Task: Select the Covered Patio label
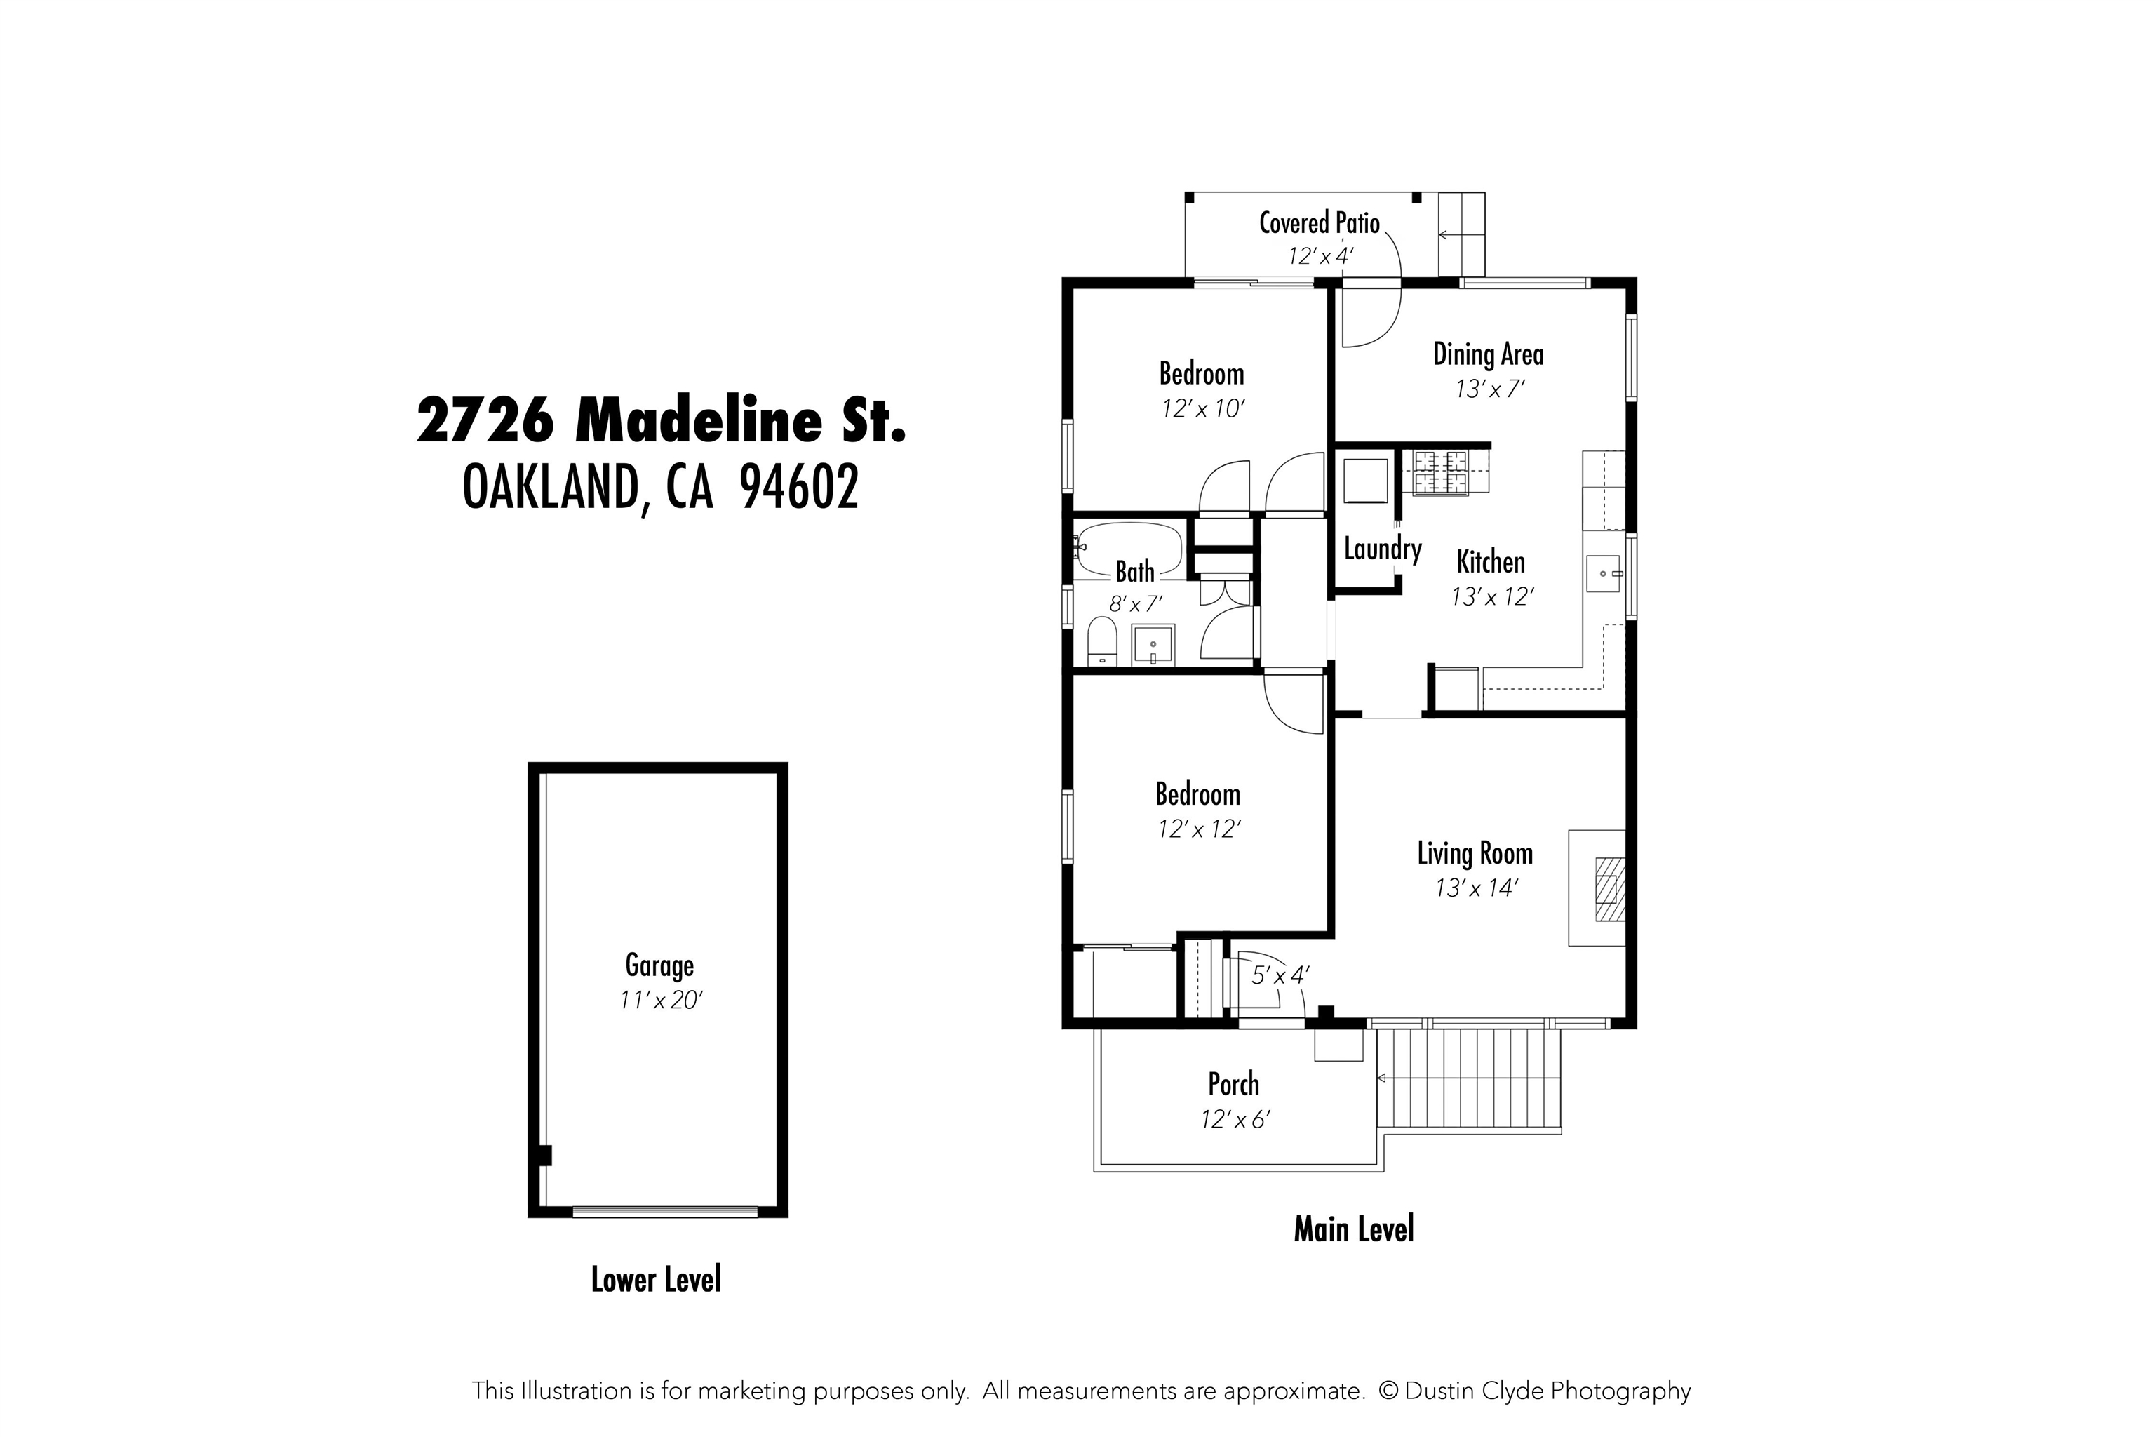tap(1319, 222)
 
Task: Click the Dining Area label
tap(1488, 354)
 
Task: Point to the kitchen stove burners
tap(1440, 472)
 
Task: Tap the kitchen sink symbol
tap(1604, 574)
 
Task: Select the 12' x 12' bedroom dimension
tap(1198, 829)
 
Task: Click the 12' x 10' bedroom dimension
tap(1202, 410)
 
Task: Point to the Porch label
tap(1233, 1085)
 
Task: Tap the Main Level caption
tap(1353, 1229)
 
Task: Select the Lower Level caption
tap(656, 1279)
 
